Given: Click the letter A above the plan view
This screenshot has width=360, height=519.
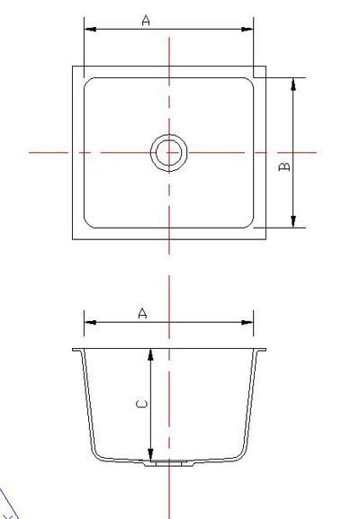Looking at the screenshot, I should click(146, 20).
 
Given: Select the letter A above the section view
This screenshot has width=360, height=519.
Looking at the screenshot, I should click(142, 313).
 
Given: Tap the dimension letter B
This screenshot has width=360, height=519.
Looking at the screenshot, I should click(283, 166).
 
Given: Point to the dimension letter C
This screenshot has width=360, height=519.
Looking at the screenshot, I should click(140, 405).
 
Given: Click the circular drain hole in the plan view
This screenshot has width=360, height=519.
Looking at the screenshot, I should click(168, 153).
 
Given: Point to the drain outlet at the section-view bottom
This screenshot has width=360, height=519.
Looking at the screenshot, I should click(168, 462).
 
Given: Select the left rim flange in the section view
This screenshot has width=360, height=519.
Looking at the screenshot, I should click(78, 350).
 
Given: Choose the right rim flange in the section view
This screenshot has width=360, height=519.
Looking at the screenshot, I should click(262, 350).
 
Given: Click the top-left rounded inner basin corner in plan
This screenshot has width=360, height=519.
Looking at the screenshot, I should click(89, 83).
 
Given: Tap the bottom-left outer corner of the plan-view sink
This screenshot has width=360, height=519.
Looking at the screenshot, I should click(74, 238).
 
